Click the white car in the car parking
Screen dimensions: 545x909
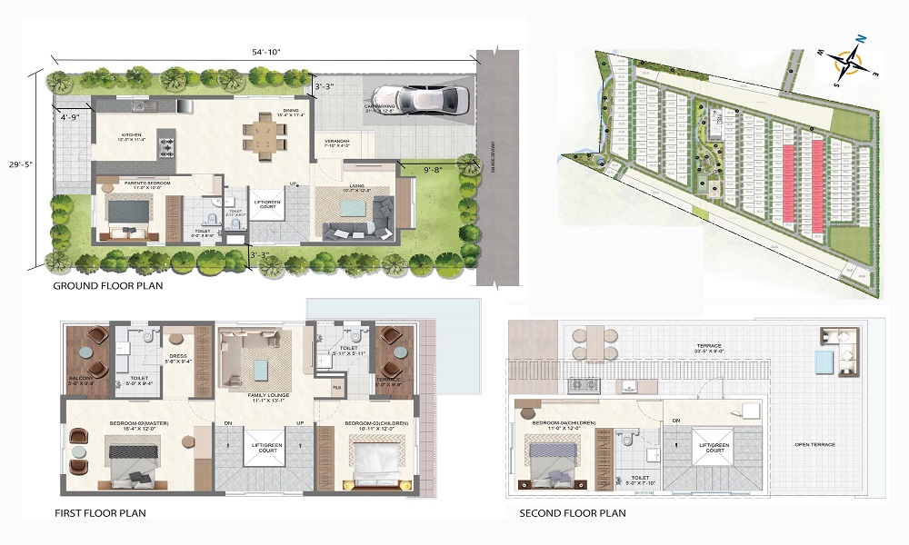(x=419, y=97)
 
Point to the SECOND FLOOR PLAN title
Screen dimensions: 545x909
(x=572, y=513)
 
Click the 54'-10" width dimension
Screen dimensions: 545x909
(x=265, y=52)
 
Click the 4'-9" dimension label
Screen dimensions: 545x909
(x=71, y=117)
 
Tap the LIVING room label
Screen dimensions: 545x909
(x=351, y=186)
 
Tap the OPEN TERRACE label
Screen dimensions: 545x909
(x=814, y=444)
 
